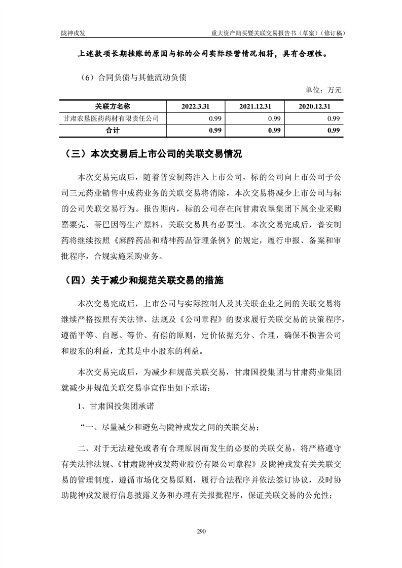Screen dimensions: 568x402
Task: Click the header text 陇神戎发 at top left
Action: coord(72,32)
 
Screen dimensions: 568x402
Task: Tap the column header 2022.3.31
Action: coord(195,107)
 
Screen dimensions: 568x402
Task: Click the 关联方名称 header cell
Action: coord(113,107)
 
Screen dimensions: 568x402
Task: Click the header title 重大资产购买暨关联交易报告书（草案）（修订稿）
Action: coord(278,32)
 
